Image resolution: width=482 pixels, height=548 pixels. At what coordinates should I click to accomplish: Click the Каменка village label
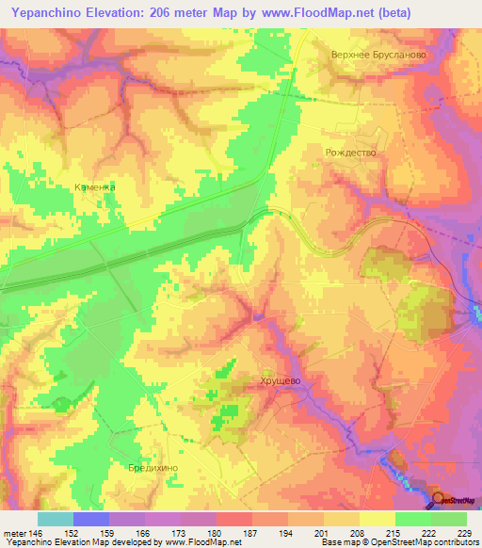[x=95, y=187]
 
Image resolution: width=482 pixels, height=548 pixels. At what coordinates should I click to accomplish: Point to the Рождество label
[x=350, y=153]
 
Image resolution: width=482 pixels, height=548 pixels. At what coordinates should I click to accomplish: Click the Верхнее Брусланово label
[x=378, y=55]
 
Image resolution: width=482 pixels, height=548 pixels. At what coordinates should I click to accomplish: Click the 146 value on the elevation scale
[x=36, y=532]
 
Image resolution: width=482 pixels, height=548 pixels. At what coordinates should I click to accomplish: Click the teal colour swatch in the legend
[x=56, y=519]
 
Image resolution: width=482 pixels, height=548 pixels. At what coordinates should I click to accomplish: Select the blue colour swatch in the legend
[x=91, y=519]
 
